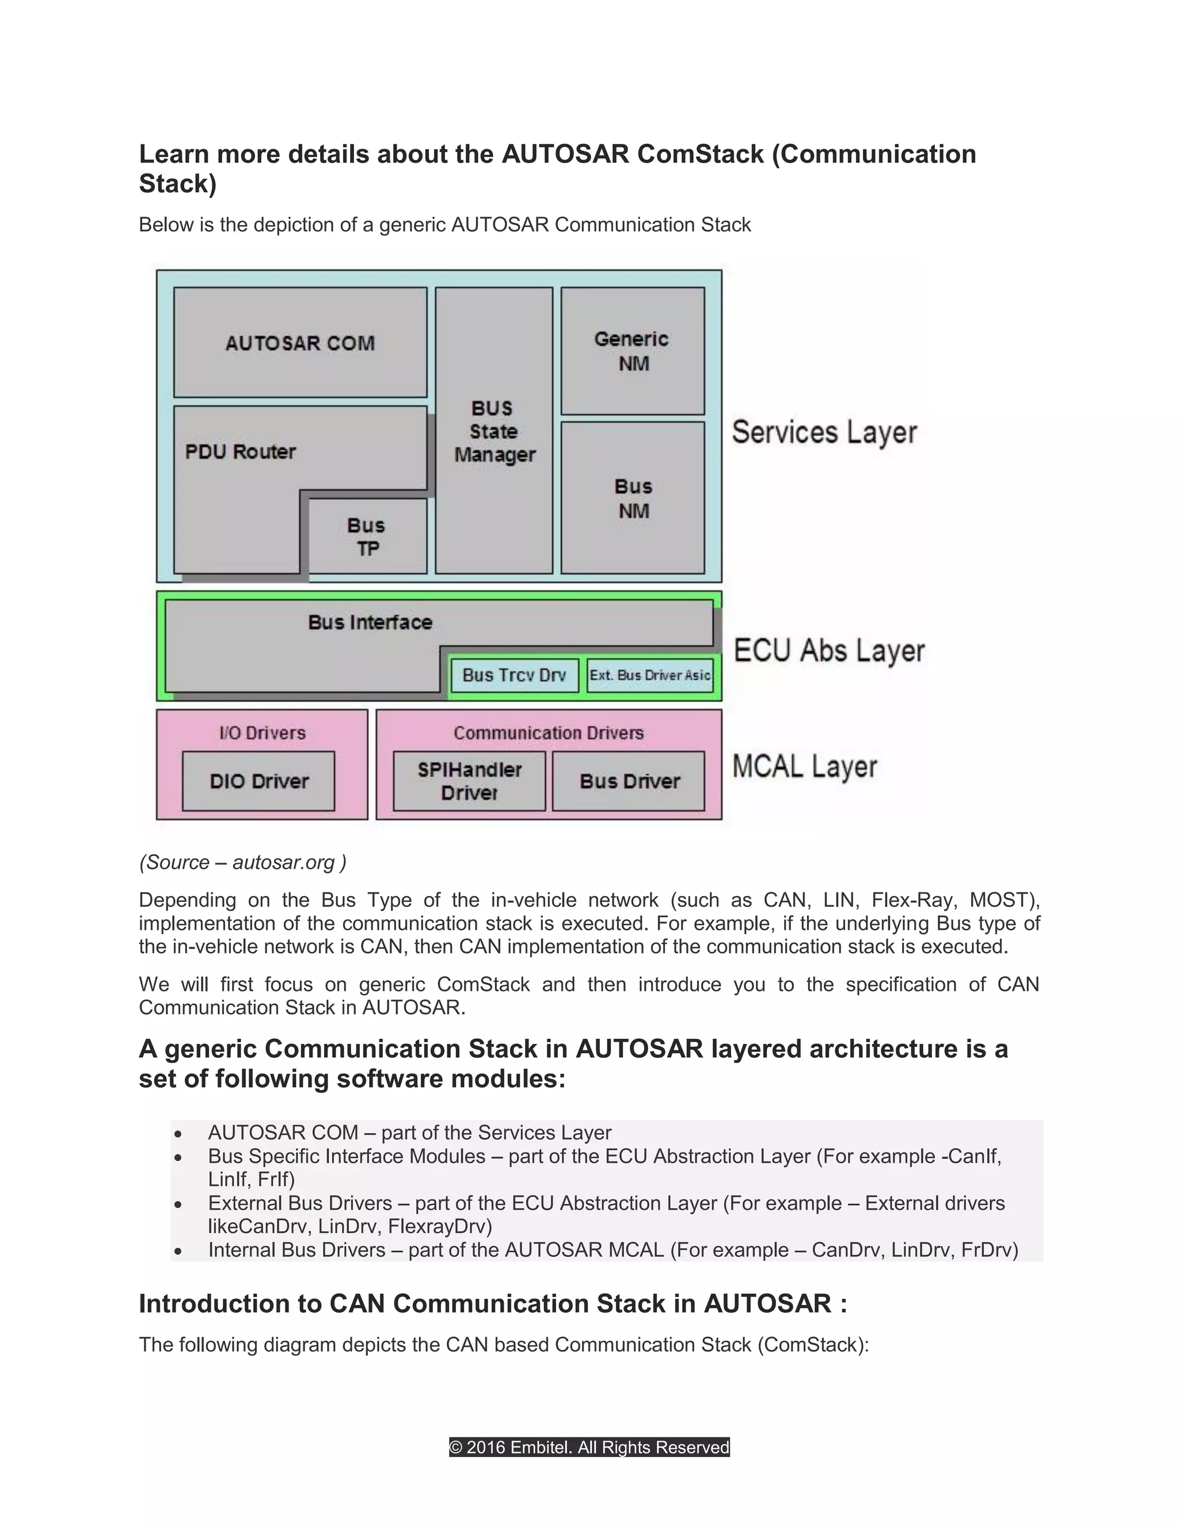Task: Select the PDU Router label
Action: [240, 452]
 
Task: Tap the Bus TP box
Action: [367, 537]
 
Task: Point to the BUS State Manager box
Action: [494, 431]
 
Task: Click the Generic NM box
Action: [633, 351]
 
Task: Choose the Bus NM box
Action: [633, 498]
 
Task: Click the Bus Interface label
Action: [370, 622]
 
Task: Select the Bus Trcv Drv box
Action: [514, 675]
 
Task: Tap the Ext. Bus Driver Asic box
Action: [649, 675]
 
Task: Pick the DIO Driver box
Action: [258, 781]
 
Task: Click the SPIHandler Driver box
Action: [469, 781]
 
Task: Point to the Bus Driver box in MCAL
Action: [629, 781]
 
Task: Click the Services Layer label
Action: [824, 432]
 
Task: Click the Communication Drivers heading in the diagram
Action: [548, 733]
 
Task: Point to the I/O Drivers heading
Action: [263, 733]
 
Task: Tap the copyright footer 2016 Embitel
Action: [589, 1447]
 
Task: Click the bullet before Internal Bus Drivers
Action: [179, 1251]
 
